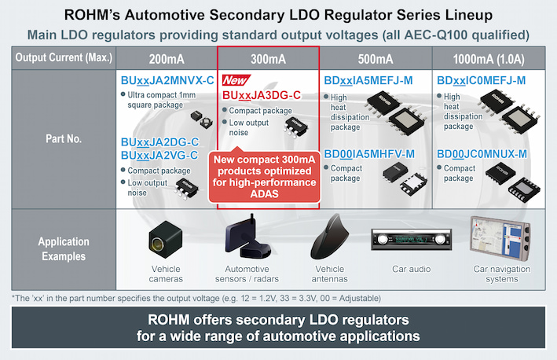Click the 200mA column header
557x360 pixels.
[x=166, y=58]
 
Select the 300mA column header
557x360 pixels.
[x=268, y=58]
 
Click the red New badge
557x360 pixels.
[x=236, y=81]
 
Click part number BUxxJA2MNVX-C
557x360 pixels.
[x=167, y=80]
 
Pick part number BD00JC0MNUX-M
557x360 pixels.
[x=482, y=153]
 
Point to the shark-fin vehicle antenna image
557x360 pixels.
[x=329, y=240]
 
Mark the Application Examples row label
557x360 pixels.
[x=64, y=249]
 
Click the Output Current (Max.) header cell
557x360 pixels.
[x=64, y=58]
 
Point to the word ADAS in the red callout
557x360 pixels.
[x=268, y=195]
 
